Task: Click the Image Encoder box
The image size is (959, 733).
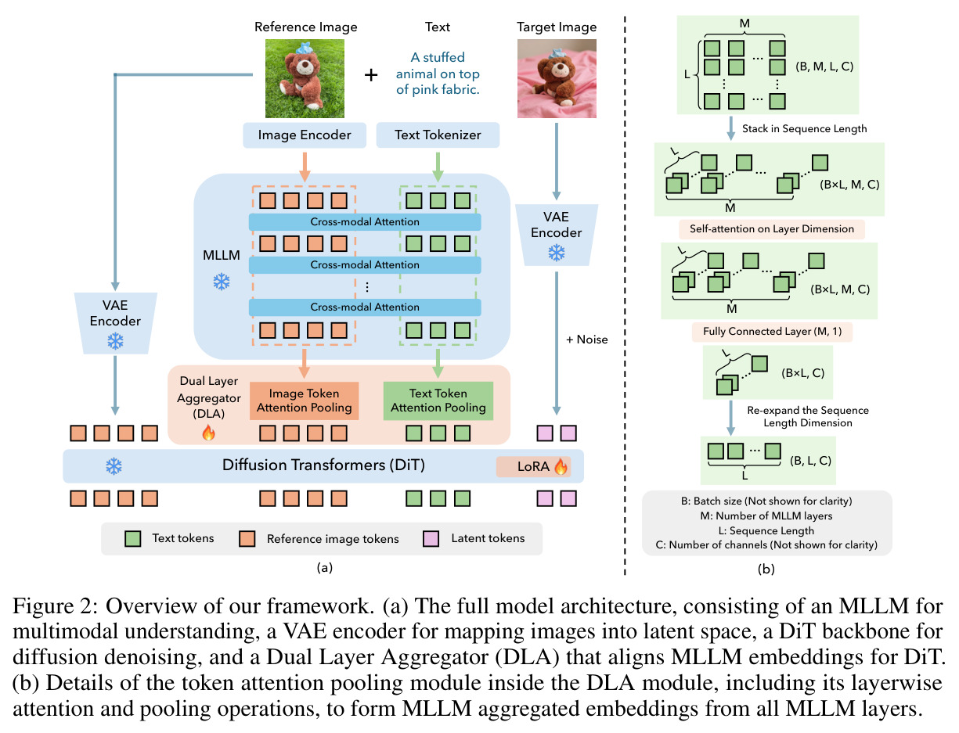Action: (304, 135)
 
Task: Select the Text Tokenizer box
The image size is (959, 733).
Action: (438, 135)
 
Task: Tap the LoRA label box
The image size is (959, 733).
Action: (533, 466)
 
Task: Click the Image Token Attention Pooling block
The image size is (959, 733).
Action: (304, 401)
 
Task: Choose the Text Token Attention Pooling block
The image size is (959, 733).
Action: (438, 401)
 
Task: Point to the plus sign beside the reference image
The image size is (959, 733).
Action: (371, 75)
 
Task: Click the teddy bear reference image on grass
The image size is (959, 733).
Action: (305, 78)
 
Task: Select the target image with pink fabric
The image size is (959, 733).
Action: (557, 78)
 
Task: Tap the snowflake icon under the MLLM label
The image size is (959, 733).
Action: (222, 282)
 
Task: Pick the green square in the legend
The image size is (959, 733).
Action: (132, 539)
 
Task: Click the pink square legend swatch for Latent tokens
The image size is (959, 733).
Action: (431, 539)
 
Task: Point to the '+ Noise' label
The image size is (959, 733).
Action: (587, 340)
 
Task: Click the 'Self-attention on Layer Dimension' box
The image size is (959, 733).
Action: (772, 228)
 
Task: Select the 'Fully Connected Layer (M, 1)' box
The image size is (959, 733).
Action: (772, 332)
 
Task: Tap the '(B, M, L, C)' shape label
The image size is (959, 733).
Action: (824, 66)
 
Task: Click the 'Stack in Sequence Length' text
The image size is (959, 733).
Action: (804, 129)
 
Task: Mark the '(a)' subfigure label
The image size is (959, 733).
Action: (325, 567)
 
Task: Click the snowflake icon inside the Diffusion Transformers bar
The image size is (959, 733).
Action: (114, 466)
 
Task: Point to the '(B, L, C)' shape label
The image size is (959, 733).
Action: (810, 461)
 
